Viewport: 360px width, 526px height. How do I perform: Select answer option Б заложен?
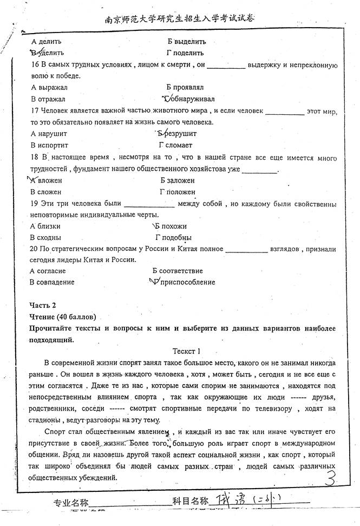tap(178, 180)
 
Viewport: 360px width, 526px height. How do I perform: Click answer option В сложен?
tap(46, 192)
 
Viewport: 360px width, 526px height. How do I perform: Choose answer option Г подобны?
tap(173, 237)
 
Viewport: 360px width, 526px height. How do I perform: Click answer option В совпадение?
tap(53, 282)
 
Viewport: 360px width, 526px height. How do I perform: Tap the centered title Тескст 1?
tap(186, 350)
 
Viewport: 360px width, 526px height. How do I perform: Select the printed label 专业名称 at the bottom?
tap(70, 503)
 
